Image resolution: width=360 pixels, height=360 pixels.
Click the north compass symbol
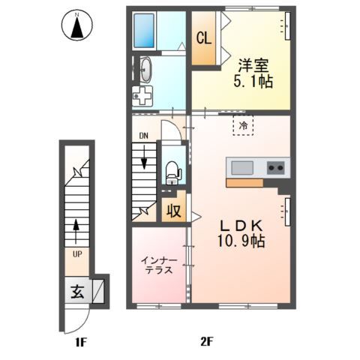[77, 25]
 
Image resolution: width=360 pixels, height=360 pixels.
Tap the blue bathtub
[144, 31]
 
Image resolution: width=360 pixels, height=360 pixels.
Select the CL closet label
[204, 38]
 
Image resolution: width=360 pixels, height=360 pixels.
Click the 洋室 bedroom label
[253, 66]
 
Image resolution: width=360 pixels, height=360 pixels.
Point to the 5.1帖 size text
[253, 82]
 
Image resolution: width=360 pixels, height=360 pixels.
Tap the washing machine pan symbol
[142, 96]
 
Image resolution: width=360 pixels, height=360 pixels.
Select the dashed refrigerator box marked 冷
[243, 125]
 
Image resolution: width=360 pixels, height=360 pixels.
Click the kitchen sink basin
[242, 168]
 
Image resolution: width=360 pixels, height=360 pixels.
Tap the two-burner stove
[276, 168]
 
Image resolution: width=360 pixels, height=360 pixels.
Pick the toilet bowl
[172, 172]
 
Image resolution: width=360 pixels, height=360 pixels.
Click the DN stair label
[143, 136]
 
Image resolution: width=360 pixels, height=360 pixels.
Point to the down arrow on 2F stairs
[144, 157]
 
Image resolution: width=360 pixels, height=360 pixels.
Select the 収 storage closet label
[174, 211]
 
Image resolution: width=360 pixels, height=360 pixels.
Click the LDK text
[241, 226]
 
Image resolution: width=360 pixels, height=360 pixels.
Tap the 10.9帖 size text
[241, 241]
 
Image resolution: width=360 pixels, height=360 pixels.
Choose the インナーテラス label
[159, 265]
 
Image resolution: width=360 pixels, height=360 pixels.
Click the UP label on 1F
[77, 254]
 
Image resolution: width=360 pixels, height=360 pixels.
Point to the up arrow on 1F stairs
[76, 231]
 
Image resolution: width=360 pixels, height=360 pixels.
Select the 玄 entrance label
[77, 292]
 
